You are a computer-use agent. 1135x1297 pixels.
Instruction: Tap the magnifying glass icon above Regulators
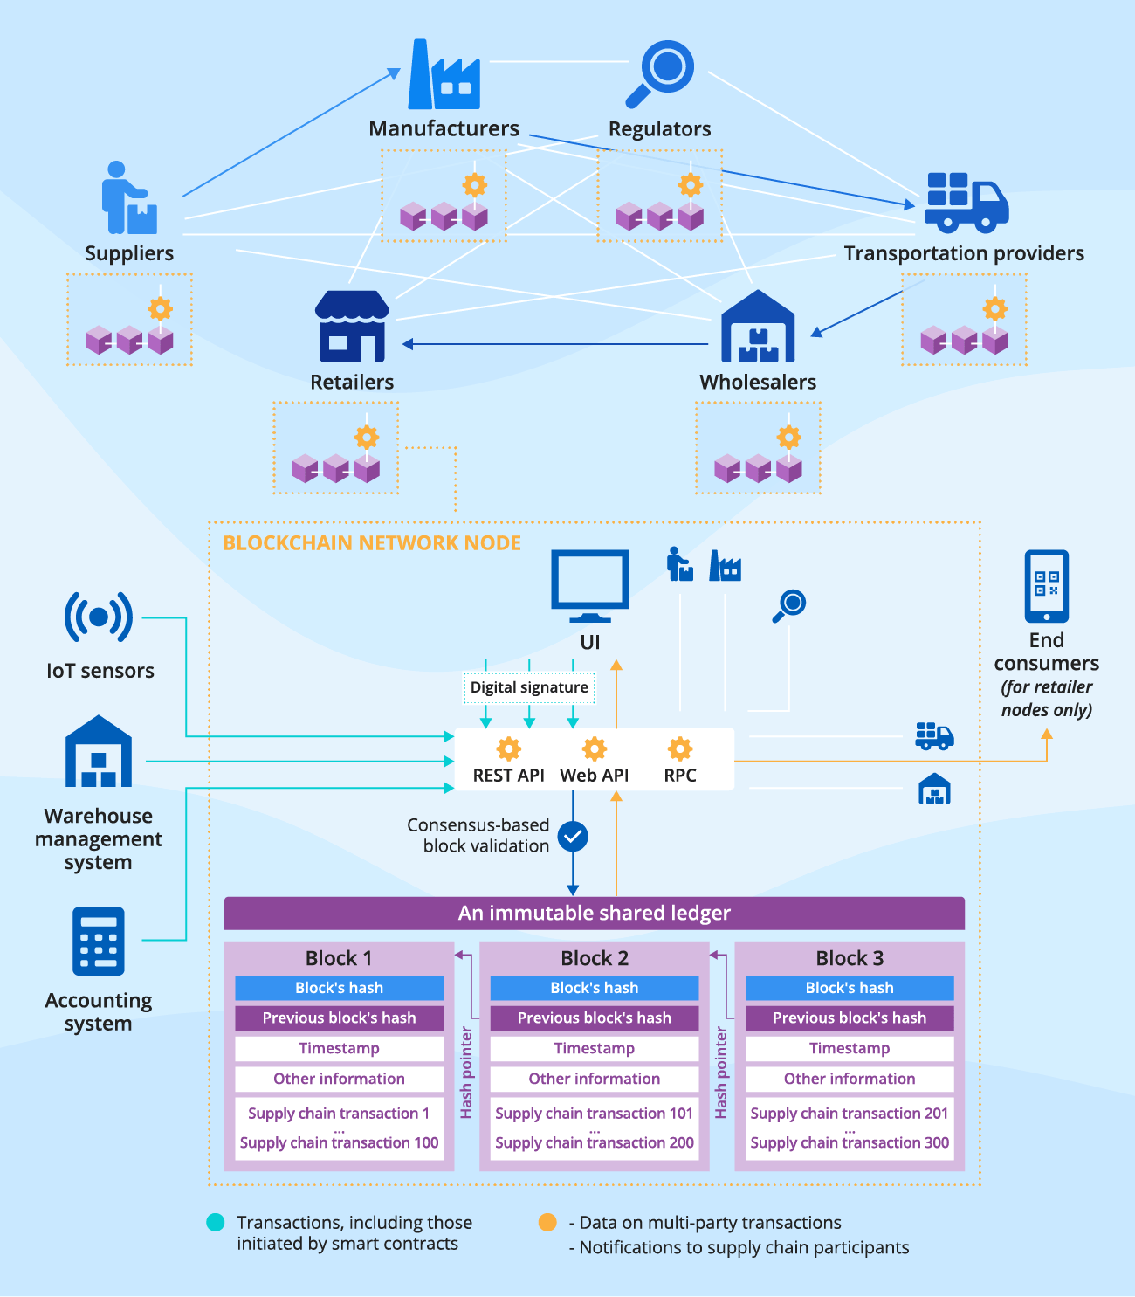(x=660, y=73)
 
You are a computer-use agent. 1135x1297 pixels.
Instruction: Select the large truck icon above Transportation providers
(x=966, y=203)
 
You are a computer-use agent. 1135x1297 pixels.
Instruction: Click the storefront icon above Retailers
(x=352, y=327)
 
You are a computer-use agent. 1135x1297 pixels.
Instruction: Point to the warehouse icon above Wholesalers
(x=758, y=327)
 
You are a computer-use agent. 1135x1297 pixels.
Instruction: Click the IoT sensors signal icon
(x=99, y=617)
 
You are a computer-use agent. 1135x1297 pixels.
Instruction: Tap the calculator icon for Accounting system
(x=99, y=942)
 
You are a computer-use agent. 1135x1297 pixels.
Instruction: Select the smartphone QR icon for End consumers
(x=1046, y=586)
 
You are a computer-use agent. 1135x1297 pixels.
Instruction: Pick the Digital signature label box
(x=529, y=687)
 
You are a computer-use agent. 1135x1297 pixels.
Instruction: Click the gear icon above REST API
(x=508, y=749)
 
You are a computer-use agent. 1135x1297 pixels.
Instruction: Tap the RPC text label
(x=680, y=776)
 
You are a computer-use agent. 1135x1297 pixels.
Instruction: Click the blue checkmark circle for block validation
(x=573, y=837)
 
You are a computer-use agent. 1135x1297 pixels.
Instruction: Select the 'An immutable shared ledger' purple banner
(x=594, y=914)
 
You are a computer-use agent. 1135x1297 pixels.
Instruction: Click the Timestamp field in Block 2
(x=594, y=1048)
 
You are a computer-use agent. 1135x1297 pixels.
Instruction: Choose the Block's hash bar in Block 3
(x=849, y=988)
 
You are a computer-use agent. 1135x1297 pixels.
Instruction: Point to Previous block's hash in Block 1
(x=339, y=1018)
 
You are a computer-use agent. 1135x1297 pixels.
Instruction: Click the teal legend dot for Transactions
(x=216, y=1223)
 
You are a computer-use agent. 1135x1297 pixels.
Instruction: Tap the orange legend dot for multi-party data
(x=547, y=1223)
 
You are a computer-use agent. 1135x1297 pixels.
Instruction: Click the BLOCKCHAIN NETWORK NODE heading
(x=372, y=543)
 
